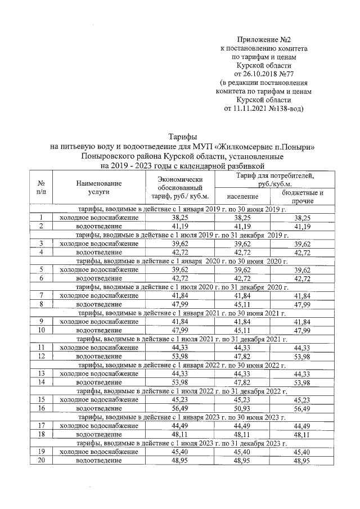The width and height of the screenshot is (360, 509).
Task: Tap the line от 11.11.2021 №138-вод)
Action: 264,109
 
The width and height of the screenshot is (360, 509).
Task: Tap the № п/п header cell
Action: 42,187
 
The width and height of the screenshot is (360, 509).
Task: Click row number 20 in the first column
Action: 42,460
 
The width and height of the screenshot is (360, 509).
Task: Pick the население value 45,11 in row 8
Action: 243,304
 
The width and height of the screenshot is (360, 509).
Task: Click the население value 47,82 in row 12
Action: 243,356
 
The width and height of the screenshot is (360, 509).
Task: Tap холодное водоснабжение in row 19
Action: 99,452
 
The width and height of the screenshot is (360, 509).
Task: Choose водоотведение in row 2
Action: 99,226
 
